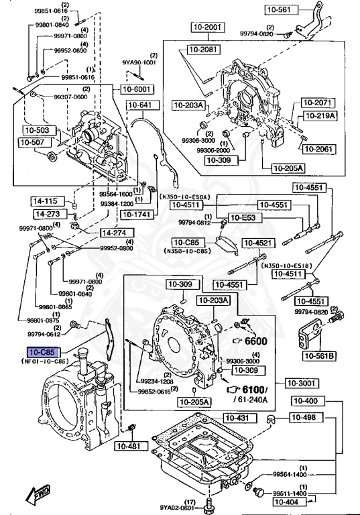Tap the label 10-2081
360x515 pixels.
pyautogui.click(x=203, y=50)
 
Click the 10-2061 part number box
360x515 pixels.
pyautogui.click(x=316, y=148)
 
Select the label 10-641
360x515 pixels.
pyautogui.click(x=140, y=105)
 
